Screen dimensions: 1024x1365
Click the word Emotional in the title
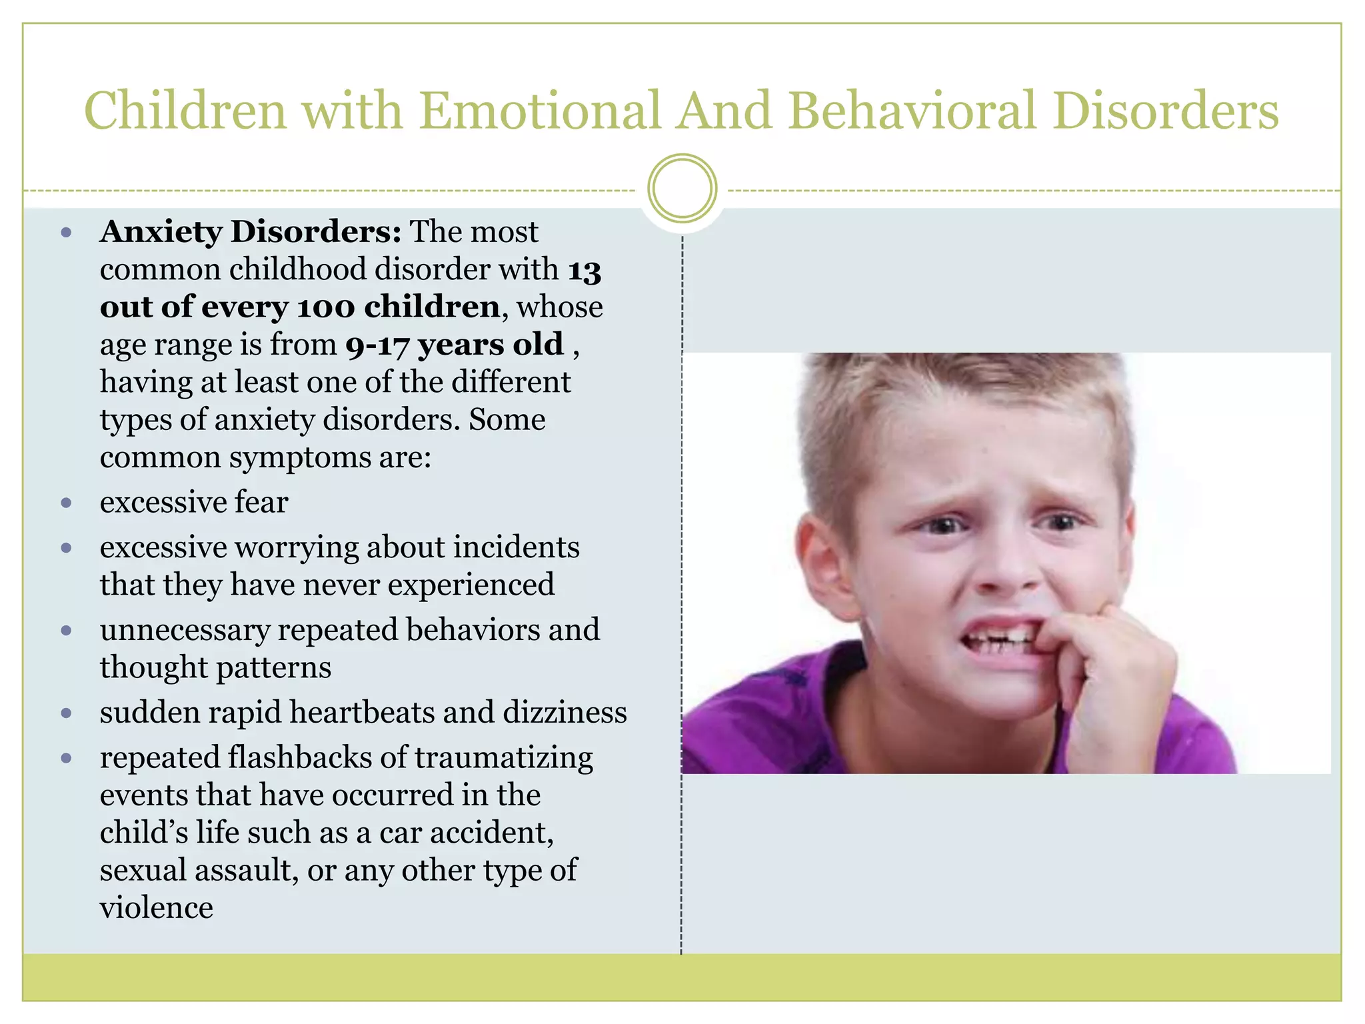[540, 111]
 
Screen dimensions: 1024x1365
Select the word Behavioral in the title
[913, 111]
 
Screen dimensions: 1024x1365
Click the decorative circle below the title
[682, 189]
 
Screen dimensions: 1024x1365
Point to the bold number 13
[585, 271]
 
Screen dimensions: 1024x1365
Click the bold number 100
[326, 307]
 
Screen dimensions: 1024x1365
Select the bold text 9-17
[377, 345]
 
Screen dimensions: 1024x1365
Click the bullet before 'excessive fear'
[66, 503]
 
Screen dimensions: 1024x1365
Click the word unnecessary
[185, 631]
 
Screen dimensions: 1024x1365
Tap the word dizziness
[565, 713]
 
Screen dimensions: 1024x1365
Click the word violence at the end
[157, 908]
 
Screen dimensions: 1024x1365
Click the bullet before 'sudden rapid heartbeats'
[66, 713]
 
